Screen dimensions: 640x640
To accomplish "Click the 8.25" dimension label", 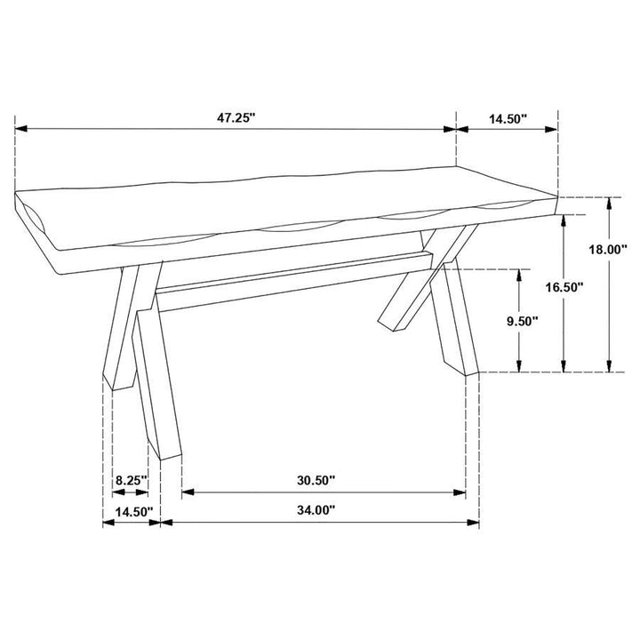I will [x=130, y=480].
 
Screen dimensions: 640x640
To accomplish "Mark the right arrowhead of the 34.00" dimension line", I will [x=476, y=523].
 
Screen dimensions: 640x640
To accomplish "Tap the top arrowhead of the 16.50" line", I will [x=563, y=219].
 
